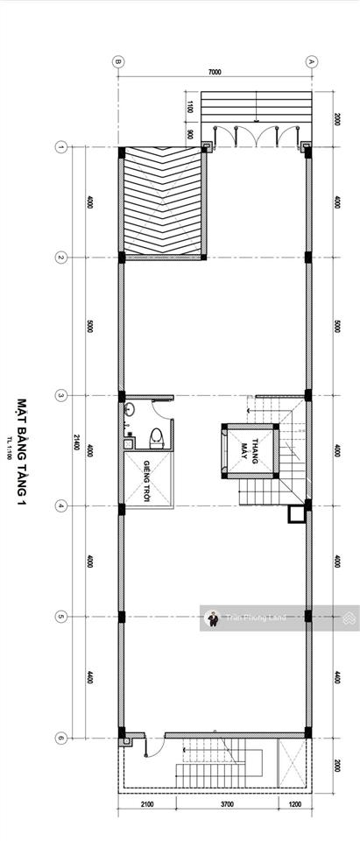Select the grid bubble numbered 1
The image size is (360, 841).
tap(60, 147)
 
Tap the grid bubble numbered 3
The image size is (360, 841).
tap(60, 395)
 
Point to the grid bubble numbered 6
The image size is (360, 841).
tap(60, 738)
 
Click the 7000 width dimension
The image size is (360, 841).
tap(215, 72)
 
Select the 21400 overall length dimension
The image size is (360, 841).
tap(77, 442)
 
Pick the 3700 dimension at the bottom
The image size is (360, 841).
tap(214, 804)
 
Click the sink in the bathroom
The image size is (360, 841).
tap(129, 410)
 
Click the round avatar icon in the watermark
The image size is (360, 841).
tap(212, 618)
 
